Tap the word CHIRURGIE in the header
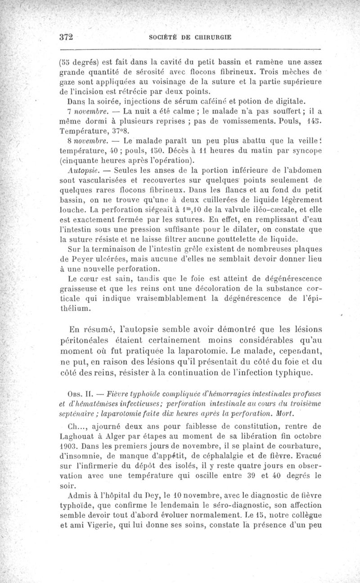211,38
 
